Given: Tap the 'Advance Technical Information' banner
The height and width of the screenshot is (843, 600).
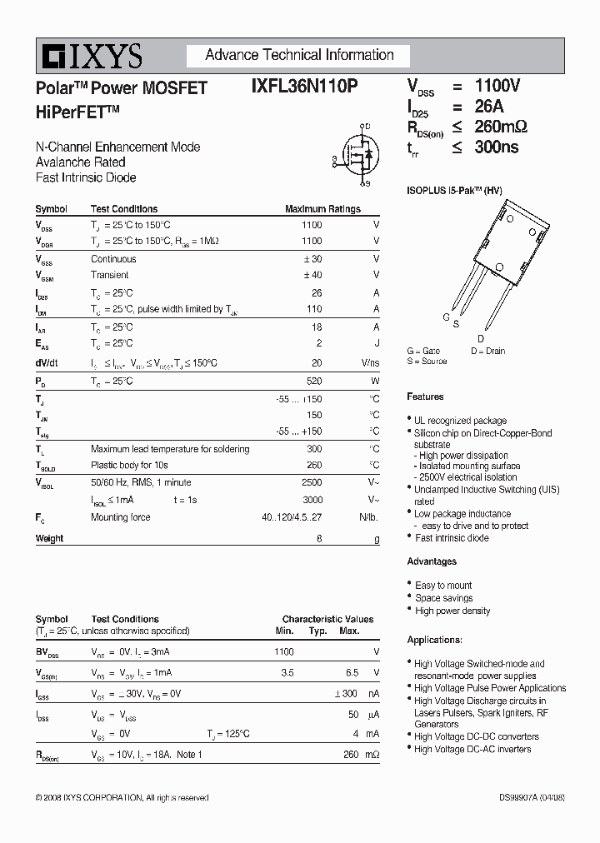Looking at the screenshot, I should [x=299, y=56].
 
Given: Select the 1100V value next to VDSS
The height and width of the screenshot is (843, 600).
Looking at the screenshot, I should [x=497, y=86].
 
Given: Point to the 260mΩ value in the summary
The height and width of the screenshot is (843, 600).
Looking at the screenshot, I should [x=501, y=127].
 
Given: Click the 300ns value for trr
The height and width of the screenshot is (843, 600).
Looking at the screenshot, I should [x=497, y=147].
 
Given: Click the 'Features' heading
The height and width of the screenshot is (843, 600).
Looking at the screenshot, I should [x=425, y=397].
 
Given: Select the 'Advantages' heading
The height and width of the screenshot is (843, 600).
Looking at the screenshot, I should [x=432, y=561].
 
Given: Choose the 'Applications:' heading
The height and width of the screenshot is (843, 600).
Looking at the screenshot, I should [x=434, y=640].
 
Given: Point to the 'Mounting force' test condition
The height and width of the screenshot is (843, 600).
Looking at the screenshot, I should [x=121, y=517].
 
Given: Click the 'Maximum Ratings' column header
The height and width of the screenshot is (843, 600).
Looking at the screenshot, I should [x=322, y=209].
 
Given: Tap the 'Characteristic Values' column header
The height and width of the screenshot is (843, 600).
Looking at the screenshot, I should [x=327, y=619].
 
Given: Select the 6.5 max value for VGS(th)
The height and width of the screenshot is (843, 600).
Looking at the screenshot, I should [x=352, y=672].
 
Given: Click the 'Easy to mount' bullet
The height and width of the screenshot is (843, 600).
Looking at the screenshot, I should [x=443, y=586].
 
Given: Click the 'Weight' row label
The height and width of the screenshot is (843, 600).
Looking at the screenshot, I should [x=49, y=539].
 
